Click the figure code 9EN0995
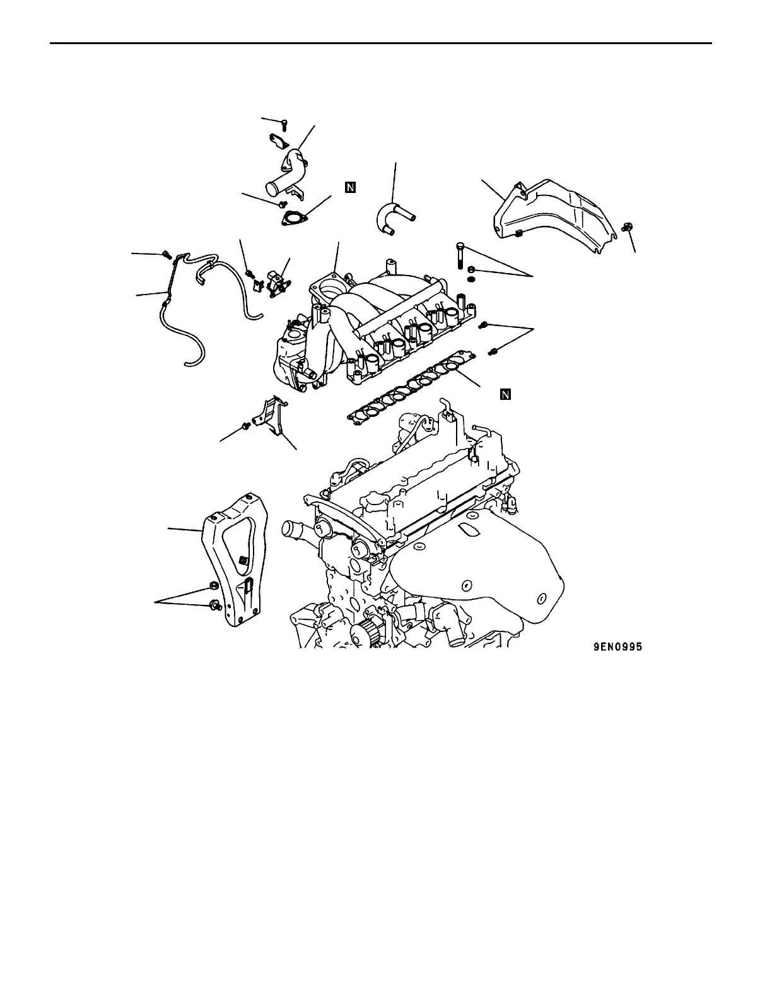(x=617, y=646)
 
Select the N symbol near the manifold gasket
(x=505, y=395)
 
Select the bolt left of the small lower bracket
(x=247, y=427)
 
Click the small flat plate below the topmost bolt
(x=278, y=141)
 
